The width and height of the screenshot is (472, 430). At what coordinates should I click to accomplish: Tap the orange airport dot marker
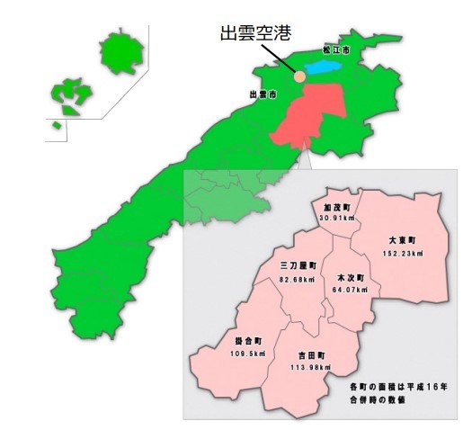pyautogui.click(x=298, y=77)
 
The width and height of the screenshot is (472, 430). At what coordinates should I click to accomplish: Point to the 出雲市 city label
pyautogui.click(x=261, y=94)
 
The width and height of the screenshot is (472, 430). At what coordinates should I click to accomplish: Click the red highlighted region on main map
pyautogui.click(x=311, y=118)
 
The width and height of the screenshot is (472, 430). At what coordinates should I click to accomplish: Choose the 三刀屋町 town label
pyautogui.click(x=297, y=267)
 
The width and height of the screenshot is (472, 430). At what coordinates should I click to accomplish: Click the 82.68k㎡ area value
pyautogui.click(x=297, y=280)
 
